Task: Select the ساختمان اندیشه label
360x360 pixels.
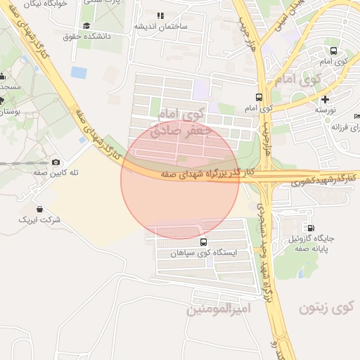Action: (164, 26)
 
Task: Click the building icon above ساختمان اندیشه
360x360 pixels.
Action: (160, 15)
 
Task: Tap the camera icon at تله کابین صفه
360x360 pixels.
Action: (56, 162)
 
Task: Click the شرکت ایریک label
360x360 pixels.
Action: (40, 220)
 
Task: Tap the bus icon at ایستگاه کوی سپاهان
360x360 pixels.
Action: (204, 242)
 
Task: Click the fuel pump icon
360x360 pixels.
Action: (310, 228)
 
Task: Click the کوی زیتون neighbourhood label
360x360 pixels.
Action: (328, 307)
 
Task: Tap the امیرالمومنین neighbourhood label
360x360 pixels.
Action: (215, 309)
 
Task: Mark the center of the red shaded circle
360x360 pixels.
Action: (180, 180)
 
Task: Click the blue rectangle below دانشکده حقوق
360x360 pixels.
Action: (79, 72)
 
